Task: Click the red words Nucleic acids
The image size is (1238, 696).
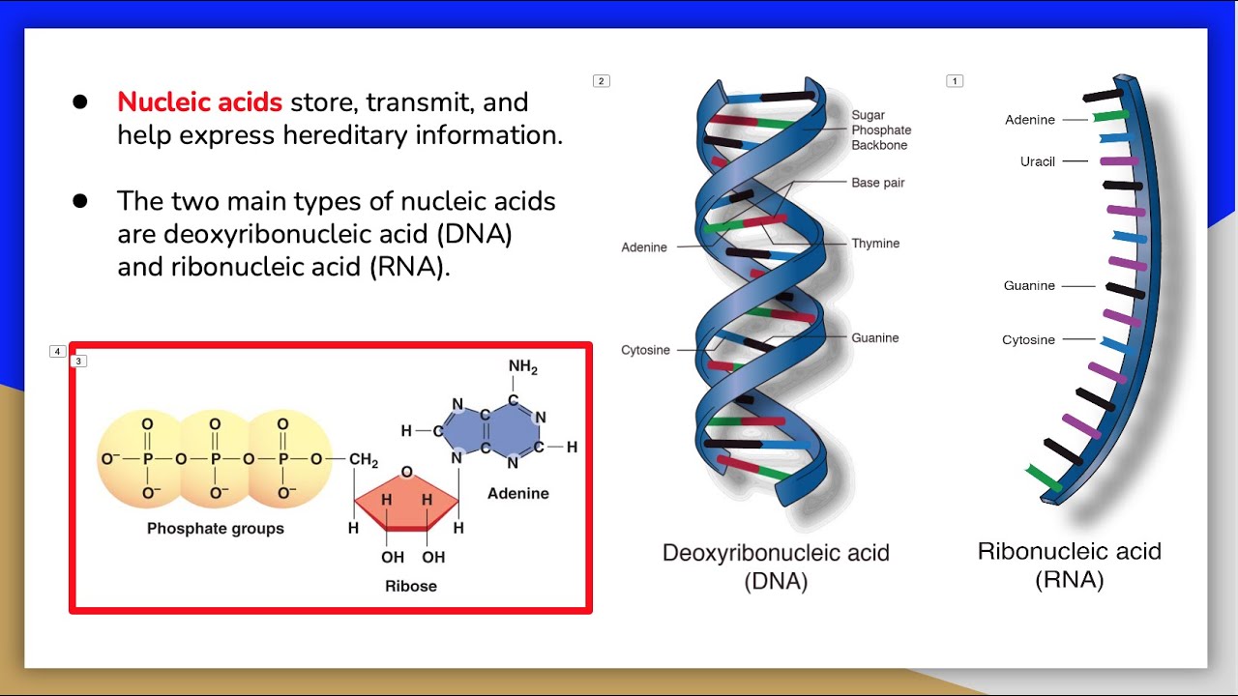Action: pos(199,102)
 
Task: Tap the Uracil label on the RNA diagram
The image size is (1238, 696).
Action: pos(1038,161)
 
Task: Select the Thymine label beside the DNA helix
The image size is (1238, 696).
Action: pos(875,244)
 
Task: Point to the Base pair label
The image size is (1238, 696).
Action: pos(878,183)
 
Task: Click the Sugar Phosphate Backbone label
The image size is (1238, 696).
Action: pos(881,130)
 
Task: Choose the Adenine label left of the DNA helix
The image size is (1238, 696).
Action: pos(644,247)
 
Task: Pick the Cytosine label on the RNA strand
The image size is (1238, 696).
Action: pos(1028,340)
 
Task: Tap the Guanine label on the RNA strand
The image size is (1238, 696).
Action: pos(1029,286)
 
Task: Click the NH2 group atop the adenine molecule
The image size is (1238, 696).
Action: pos(522,367)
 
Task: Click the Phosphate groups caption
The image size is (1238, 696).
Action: pos(216,529)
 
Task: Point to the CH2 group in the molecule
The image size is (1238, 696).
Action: pos(364,460)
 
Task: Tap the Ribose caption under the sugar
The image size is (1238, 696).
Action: pos(411,586)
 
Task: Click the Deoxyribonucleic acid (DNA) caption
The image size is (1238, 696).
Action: pos(776,566)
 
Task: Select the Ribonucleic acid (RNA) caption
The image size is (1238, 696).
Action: pos(1069,565)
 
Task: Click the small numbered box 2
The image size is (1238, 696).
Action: pos(602,81)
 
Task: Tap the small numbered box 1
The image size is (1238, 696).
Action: pos(955,81)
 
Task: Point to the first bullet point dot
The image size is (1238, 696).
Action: pos(80,102)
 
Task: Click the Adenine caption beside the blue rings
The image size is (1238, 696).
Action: pos(517,494)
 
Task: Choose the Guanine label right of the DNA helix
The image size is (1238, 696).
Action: pos(875,338)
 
